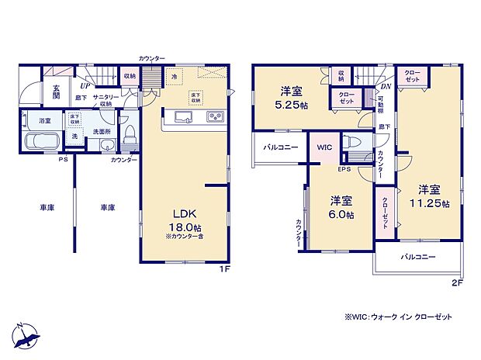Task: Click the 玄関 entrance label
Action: (57, 92)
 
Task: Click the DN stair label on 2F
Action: (384, 87)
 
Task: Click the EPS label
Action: (344, 168)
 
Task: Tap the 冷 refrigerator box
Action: (175, 78)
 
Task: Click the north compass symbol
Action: (24, 334)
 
